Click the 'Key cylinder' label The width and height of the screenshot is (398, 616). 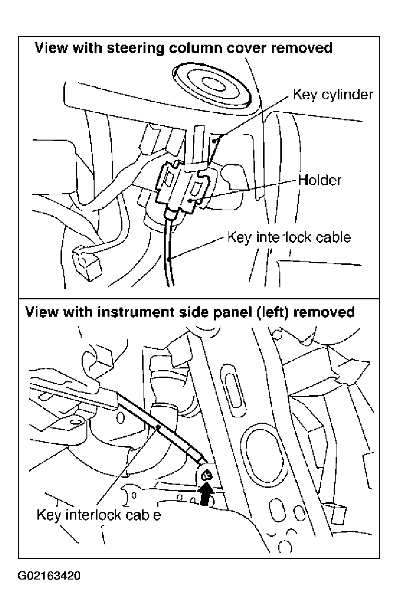coord(333,95)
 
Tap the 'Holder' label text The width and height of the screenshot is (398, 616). coord(320,180)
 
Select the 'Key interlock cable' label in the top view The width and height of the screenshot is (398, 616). coord(289,237)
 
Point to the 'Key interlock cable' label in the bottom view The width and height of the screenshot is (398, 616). coord(98,515)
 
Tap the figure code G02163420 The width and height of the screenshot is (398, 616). coord(49,576)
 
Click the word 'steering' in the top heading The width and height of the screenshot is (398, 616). coord(136,48)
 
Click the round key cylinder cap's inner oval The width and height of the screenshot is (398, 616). coord(214,83)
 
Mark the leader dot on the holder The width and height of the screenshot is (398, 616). coord(190,201)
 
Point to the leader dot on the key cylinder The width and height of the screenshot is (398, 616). coord(215,141)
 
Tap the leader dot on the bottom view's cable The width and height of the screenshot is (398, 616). coord(158,427)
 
